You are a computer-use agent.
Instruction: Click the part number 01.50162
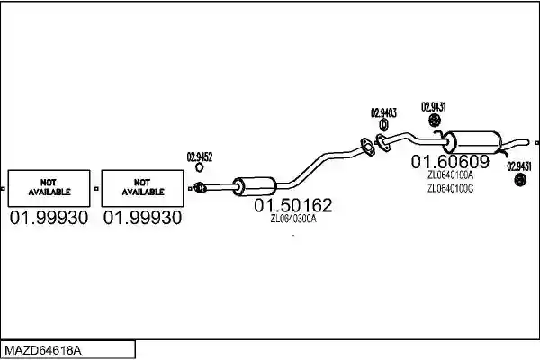click(293, 205)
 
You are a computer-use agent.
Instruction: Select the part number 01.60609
click(450, 161)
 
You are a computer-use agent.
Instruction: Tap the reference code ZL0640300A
click(293, 219)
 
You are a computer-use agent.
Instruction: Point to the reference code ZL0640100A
click(451, 175)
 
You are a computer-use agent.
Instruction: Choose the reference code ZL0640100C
click(451, 189)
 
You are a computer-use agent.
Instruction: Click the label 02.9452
click(200, 157)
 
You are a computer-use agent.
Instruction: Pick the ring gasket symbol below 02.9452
click(200, 167)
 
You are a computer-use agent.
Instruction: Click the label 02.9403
click(383, 113)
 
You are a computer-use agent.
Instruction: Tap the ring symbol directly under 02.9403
click(383, 125)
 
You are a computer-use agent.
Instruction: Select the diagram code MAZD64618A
click(43, 351)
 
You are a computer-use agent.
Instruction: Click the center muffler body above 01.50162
click(255, 186)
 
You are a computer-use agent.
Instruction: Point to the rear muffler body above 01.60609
click(472, 142)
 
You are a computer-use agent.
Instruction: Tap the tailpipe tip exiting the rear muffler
click(526, 141)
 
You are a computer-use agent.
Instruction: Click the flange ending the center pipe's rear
click(367, 147)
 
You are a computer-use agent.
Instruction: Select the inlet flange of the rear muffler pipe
click(382, 142)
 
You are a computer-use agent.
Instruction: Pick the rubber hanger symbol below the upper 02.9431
click(435, 121)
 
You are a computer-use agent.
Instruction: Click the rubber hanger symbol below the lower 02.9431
click(519, 179)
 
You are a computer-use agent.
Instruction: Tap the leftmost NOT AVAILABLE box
click(49, 188)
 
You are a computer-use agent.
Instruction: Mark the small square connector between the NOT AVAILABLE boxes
click(96, 189)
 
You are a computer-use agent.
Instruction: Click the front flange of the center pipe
click(200, 187)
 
